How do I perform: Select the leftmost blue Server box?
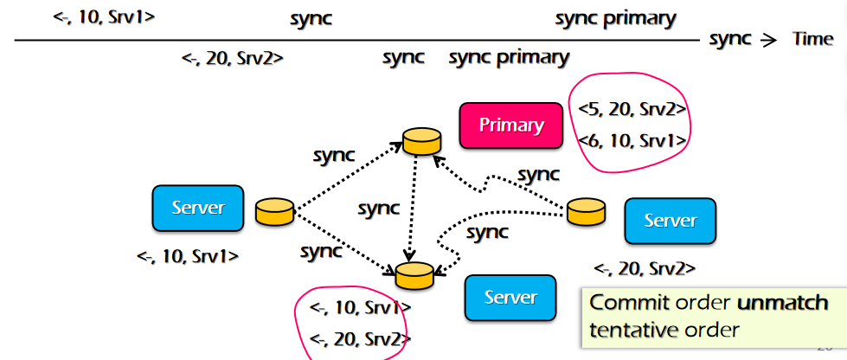coord(198,208)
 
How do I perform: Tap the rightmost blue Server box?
coord(671,221)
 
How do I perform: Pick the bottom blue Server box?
coord(510,298)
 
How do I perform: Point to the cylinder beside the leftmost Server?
coord(275,211)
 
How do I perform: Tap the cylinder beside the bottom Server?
coord(414,275)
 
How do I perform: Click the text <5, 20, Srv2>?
coord(632,109)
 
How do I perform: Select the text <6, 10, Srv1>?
coord(632,139)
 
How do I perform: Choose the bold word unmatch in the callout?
coord(782,304)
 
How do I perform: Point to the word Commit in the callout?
coord(620,304)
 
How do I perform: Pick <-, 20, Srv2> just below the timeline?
coord(233,58)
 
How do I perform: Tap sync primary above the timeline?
coord(615,18)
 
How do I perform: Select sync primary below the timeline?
coord(509,58)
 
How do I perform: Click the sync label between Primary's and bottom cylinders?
coord(379,209)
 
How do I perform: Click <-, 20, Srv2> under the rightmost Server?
coord(645,268)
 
